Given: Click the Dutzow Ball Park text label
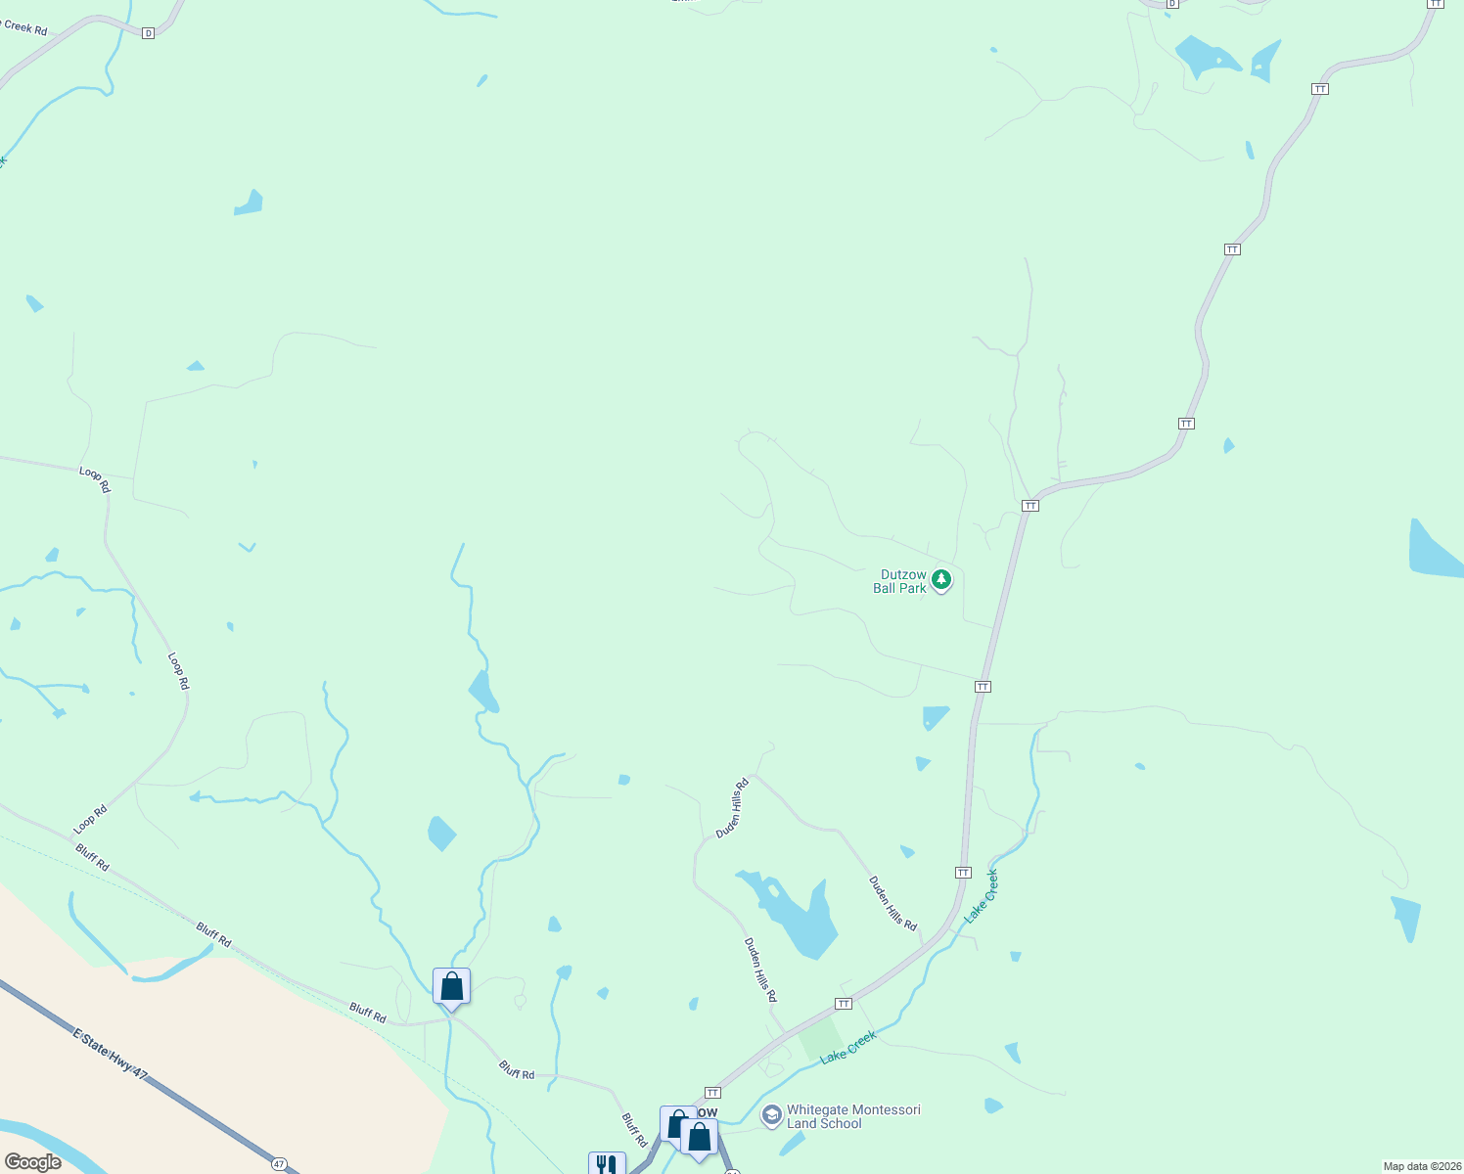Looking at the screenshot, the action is click(x=899, y=581).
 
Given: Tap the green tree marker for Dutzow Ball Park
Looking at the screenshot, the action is click(x=941, y=579).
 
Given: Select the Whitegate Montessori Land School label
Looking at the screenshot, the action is click(x=853, y=1116).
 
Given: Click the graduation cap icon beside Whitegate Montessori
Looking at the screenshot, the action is click(x=772, y=1115).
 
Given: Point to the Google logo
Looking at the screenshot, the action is click(x=32, y=1162).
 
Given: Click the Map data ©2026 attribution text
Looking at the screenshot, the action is click(x=1421, y=1166).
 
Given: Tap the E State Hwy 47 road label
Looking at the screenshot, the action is click(x=111, y=1054).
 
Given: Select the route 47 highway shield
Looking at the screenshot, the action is click(x=281, y=1164).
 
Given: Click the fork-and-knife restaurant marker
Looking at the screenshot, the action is click(x=606, y=1164).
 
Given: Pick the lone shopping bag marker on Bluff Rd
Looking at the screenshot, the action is click(x=451, y=986).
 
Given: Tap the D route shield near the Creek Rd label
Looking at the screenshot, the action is click(x=148, y=33).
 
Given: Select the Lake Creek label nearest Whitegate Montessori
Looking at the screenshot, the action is click(x=847, y=1047).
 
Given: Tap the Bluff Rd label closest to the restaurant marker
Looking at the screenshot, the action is click(x=634, y=1129).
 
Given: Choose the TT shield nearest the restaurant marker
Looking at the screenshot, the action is click(x=712, y=1093).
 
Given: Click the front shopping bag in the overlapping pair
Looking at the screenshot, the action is click(x=699, y=1138).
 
